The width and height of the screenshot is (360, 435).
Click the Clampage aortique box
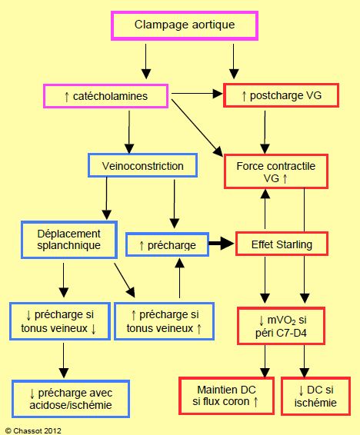pyautogui.click(x=185, y=25)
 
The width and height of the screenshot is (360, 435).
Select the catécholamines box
pyautogui.click(x=105, y=96)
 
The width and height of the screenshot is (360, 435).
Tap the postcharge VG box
pyautogui.click(x=282, y=95)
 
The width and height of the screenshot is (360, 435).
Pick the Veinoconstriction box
pyautogui.click(x=142, y=165)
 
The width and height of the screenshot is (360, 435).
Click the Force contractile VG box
pyautogui.click(x=276, y=171)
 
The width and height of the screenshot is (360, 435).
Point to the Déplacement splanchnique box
pyautogui.click(x=69, y=240)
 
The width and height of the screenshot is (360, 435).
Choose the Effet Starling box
pyautogui.click(x=282, y=244)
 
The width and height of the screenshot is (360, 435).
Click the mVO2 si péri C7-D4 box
pyautogui.click(x=281, y=326)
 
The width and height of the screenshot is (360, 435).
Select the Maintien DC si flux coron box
pyautogui.click(x=226, y=396)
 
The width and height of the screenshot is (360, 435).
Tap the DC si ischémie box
pyautogui.click(x=315, y=396)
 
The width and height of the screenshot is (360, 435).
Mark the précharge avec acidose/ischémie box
pyautogui.click(x=71, y=399)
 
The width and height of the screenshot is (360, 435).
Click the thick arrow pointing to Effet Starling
pyautogui.click(x=222, y=244)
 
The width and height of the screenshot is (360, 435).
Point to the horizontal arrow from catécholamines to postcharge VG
pyautogui.click(x=198, y=94)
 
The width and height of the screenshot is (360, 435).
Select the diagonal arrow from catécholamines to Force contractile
pyautogui.click(x=198, y=128)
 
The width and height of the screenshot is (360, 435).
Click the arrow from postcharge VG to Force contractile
pyautogui.click(x=265, y=132)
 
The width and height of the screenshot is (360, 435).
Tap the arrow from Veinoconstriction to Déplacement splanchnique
pyautogui.click(x=107, y=198)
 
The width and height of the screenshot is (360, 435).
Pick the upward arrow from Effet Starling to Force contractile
pyautogui.click(x=265, y=209)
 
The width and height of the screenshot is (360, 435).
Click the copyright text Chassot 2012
pyautogui.click(x=33, y=431)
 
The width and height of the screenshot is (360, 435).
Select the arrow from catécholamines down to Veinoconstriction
pyautogui.click(x=129, y=131)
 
